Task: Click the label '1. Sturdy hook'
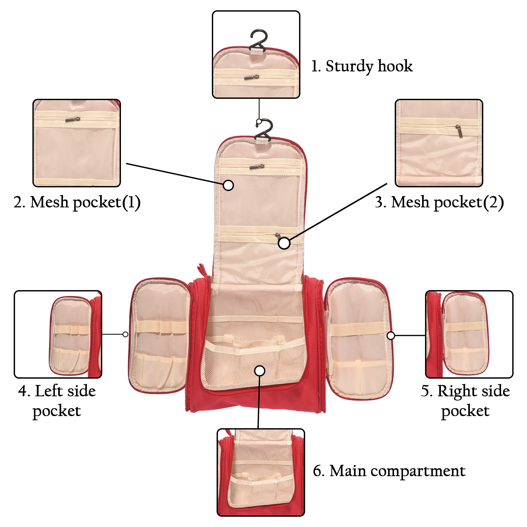tap(362, 66)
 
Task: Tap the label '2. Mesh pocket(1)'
tap(77, 202)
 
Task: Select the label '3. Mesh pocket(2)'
tap(439, 202)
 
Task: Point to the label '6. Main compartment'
tap(389, 471)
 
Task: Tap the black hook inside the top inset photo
tap(258, 40)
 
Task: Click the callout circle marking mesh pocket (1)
tap(228, 185)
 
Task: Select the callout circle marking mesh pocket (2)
tap(284, 243)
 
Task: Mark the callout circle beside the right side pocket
tap(391, 335)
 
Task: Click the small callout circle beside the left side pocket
tap(125, 334)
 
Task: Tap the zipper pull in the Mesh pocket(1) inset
tap(72, 119)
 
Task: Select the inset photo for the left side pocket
tap(58, 334)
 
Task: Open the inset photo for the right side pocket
tap(469, 334)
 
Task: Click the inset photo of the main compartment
tap(261, 472)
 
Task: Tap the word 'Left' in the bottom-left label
tap(49, 391)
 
